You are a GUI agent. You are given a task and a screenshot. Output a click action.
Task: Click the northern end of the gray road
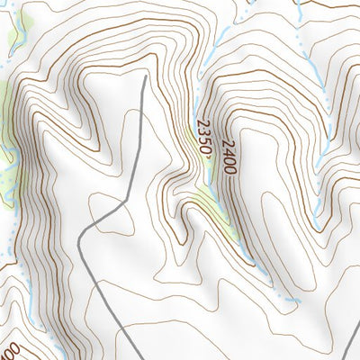point(145,77)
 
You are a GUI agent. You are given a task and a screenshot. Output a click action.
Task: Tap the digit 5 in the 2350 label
point(203,143)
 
